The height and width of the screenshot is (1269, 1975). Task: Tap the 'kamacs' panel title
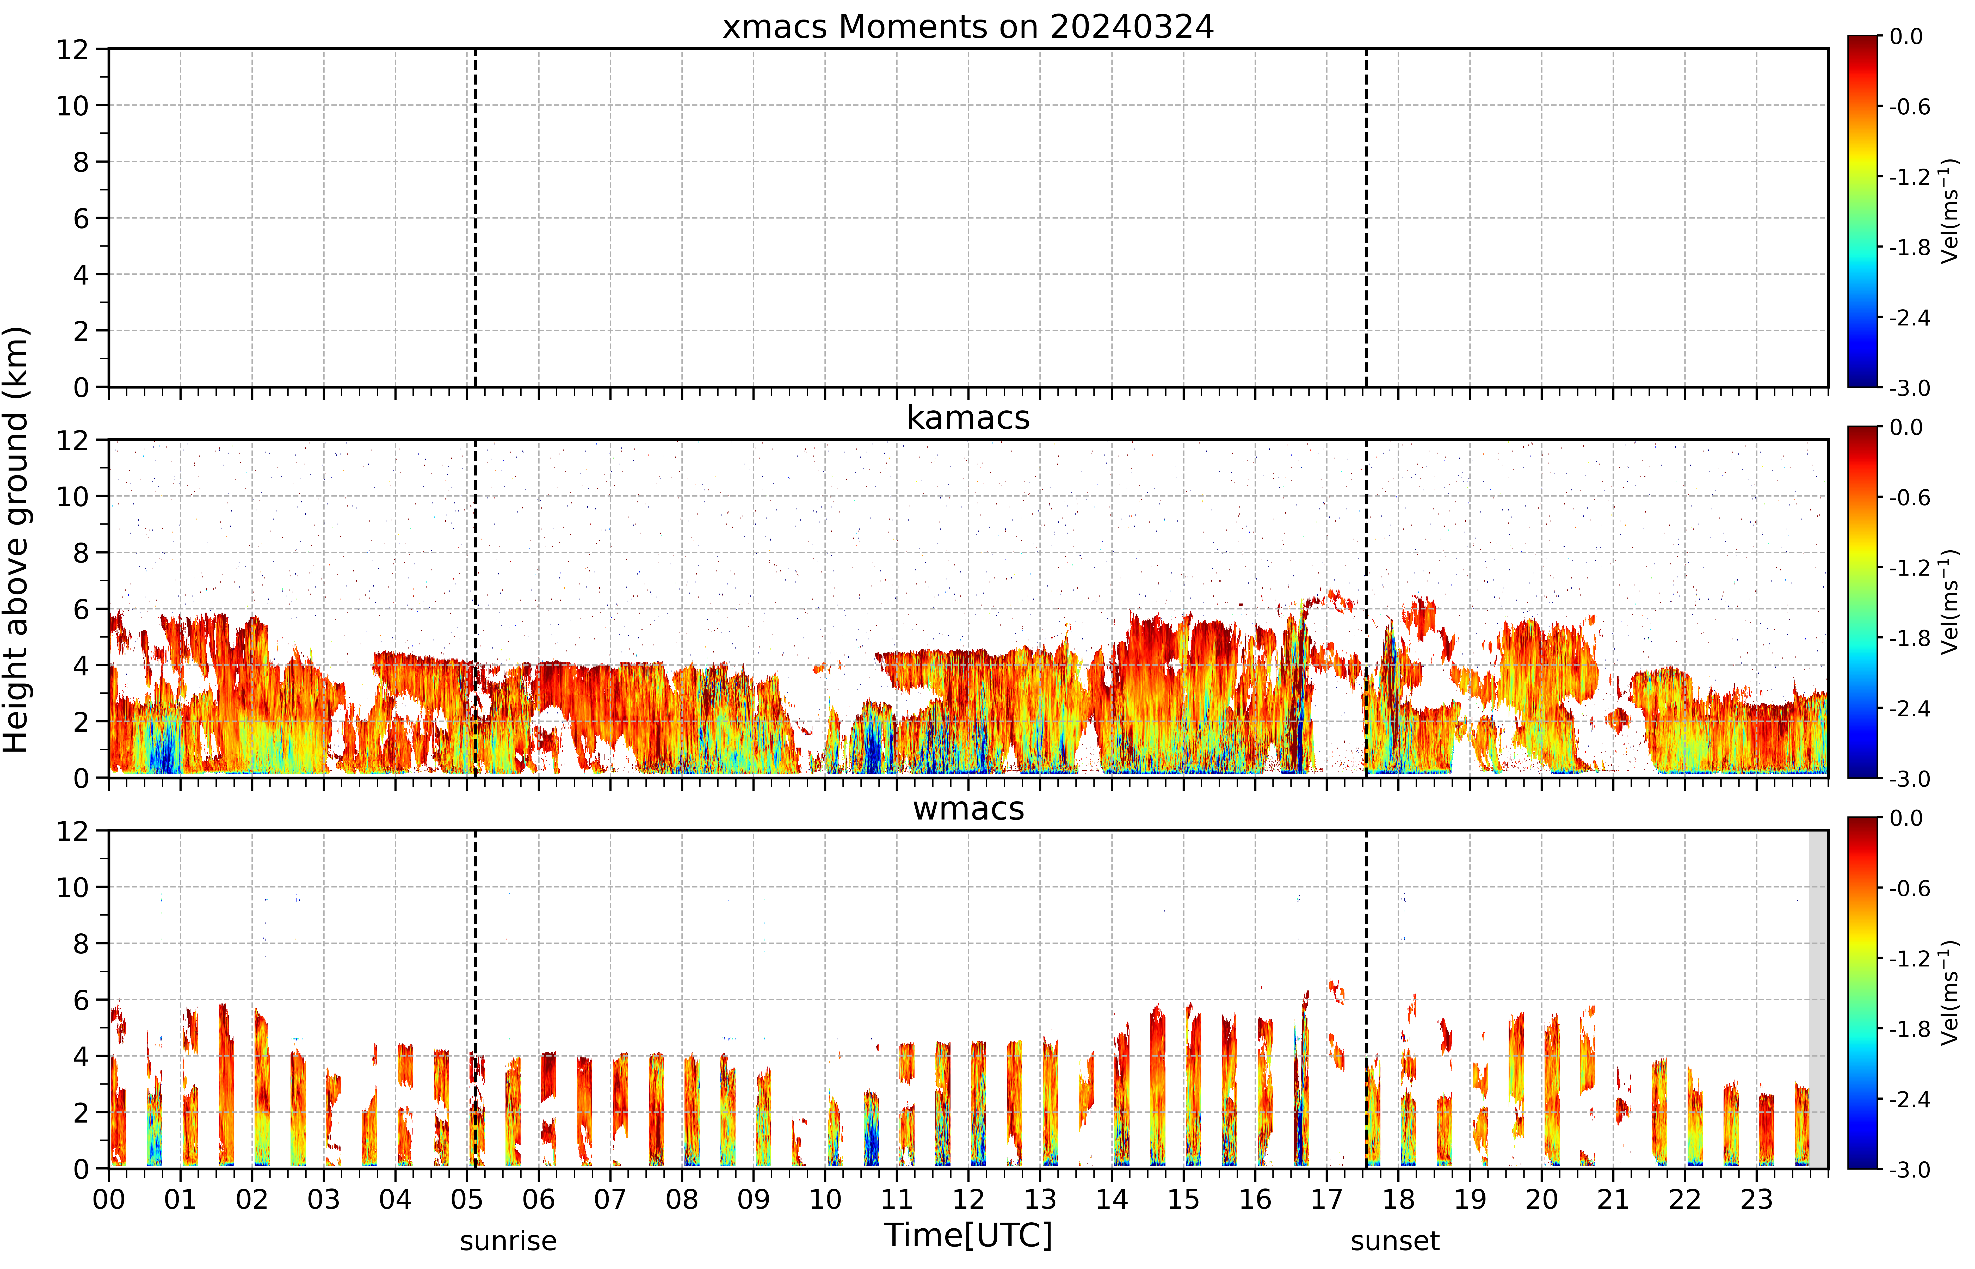click(968, 418)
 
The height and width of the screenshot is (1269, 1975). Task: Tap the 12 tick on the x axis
click(968, 1199)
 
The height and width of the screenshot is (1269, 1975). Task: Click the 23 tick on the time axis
click(1756, 1199)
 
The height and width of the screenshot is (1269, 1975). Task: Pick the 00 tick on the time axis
click(109, 1199)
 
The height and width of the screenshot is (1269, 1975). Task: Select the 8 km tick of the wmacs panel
click(81, 944)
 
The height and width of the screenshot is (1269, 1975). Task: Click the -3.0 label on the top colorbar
click(1909, 388)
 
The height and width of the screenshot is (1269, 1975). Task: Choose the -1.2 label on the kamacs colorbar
click(1909, 568)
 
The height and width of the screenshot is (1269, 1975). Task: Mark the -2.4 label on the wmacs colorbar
click(1909, 1099)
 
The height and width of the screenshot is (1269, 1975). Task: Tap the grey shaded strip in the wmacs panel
click(1818, 999)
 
